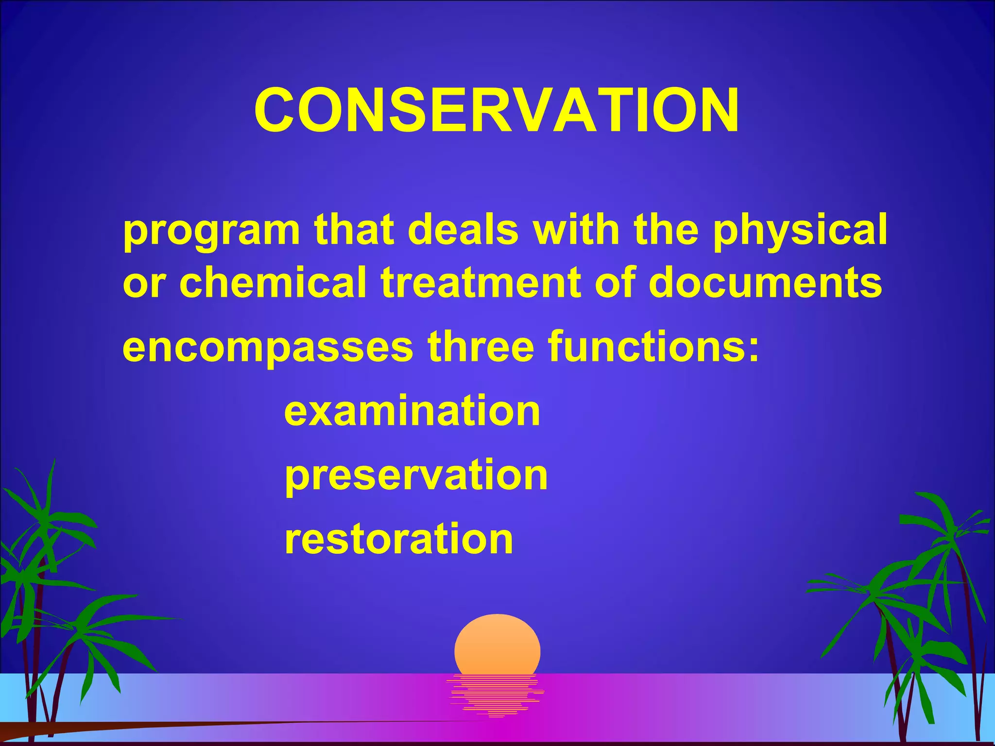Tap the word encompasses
pos(268,349)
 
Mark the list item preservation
pos(416,476)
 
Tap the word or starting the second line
pos(144,284)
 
